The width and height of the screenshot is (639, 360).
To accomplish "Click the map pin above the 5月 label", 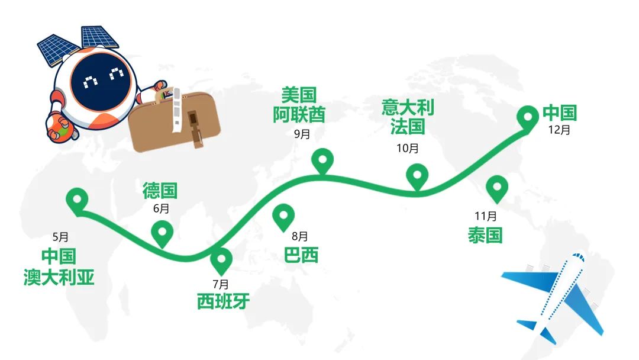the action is [77, 200].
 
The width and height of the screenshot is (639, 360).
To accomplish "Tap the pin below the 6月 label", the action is [162, 233].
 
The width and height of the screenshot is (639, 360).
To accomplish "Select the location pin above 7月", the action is [221, 260].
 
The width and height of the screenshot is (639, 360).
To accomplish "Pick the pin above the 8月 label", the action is [283, 216].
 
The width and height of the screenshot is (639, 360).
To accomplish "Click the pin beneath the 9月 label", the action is [323, 160].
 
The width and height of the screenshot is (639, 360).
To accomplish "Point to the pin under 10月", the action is [417, 176].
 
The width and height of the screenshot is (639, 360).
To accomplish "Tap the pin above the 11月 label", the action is [497, 188].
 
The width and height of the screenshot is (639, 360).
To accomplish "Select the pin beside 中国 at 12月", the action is [528, 117].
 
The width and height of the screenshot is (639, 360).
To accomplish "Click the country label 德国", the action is [160, 191].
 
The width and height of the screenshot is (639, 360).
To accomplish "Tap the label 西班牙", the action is [223, 301].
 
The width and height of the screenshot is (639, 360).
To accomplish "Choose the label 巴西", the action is [301, 255].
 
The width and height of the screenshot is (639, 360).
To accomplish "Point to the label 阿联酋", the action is [299, 115].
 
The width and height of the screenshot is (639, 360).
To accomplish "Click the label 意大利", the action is [408, 108].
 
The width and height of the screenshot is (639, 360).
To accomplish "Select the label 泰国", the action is [485, 235].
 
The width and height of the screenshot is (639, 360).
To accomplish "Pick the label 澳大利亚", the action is [59, 277].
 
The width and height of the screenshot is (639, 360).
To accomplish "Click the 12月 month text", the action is [559, 130].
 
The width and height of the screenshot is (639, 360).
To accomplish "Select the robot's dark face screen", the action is [101, 82].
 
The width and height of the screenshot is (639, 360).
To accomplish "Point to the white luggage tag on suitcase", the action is [176, 110].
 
